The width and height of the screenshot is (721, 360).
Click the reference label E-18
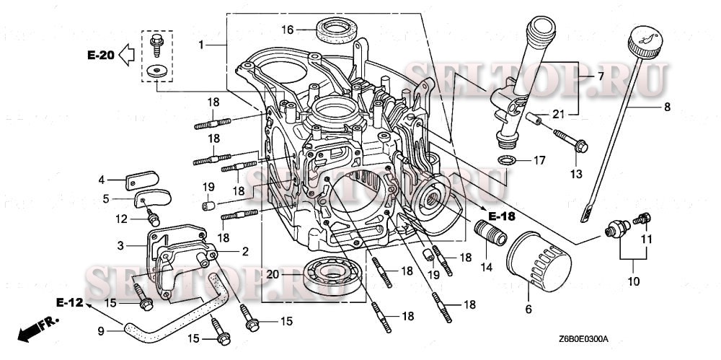(x=502, y=216)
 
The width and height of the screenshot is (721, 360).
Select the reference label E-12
(x=70, y=303)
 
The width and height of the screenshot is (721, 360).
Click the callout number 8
(x=666, y=107)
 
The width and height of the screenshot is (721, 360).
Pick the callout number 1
(x=203, y=45)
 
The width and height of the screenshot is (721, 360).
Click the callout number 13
(x=575, y=174)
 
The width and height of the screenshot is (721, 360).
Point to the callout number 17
(x=538, y=159)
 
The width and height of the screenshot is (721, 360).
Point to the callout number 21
(x=559, y=113)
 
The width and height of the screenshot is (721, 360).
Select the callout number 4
(x=102, y=179)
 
